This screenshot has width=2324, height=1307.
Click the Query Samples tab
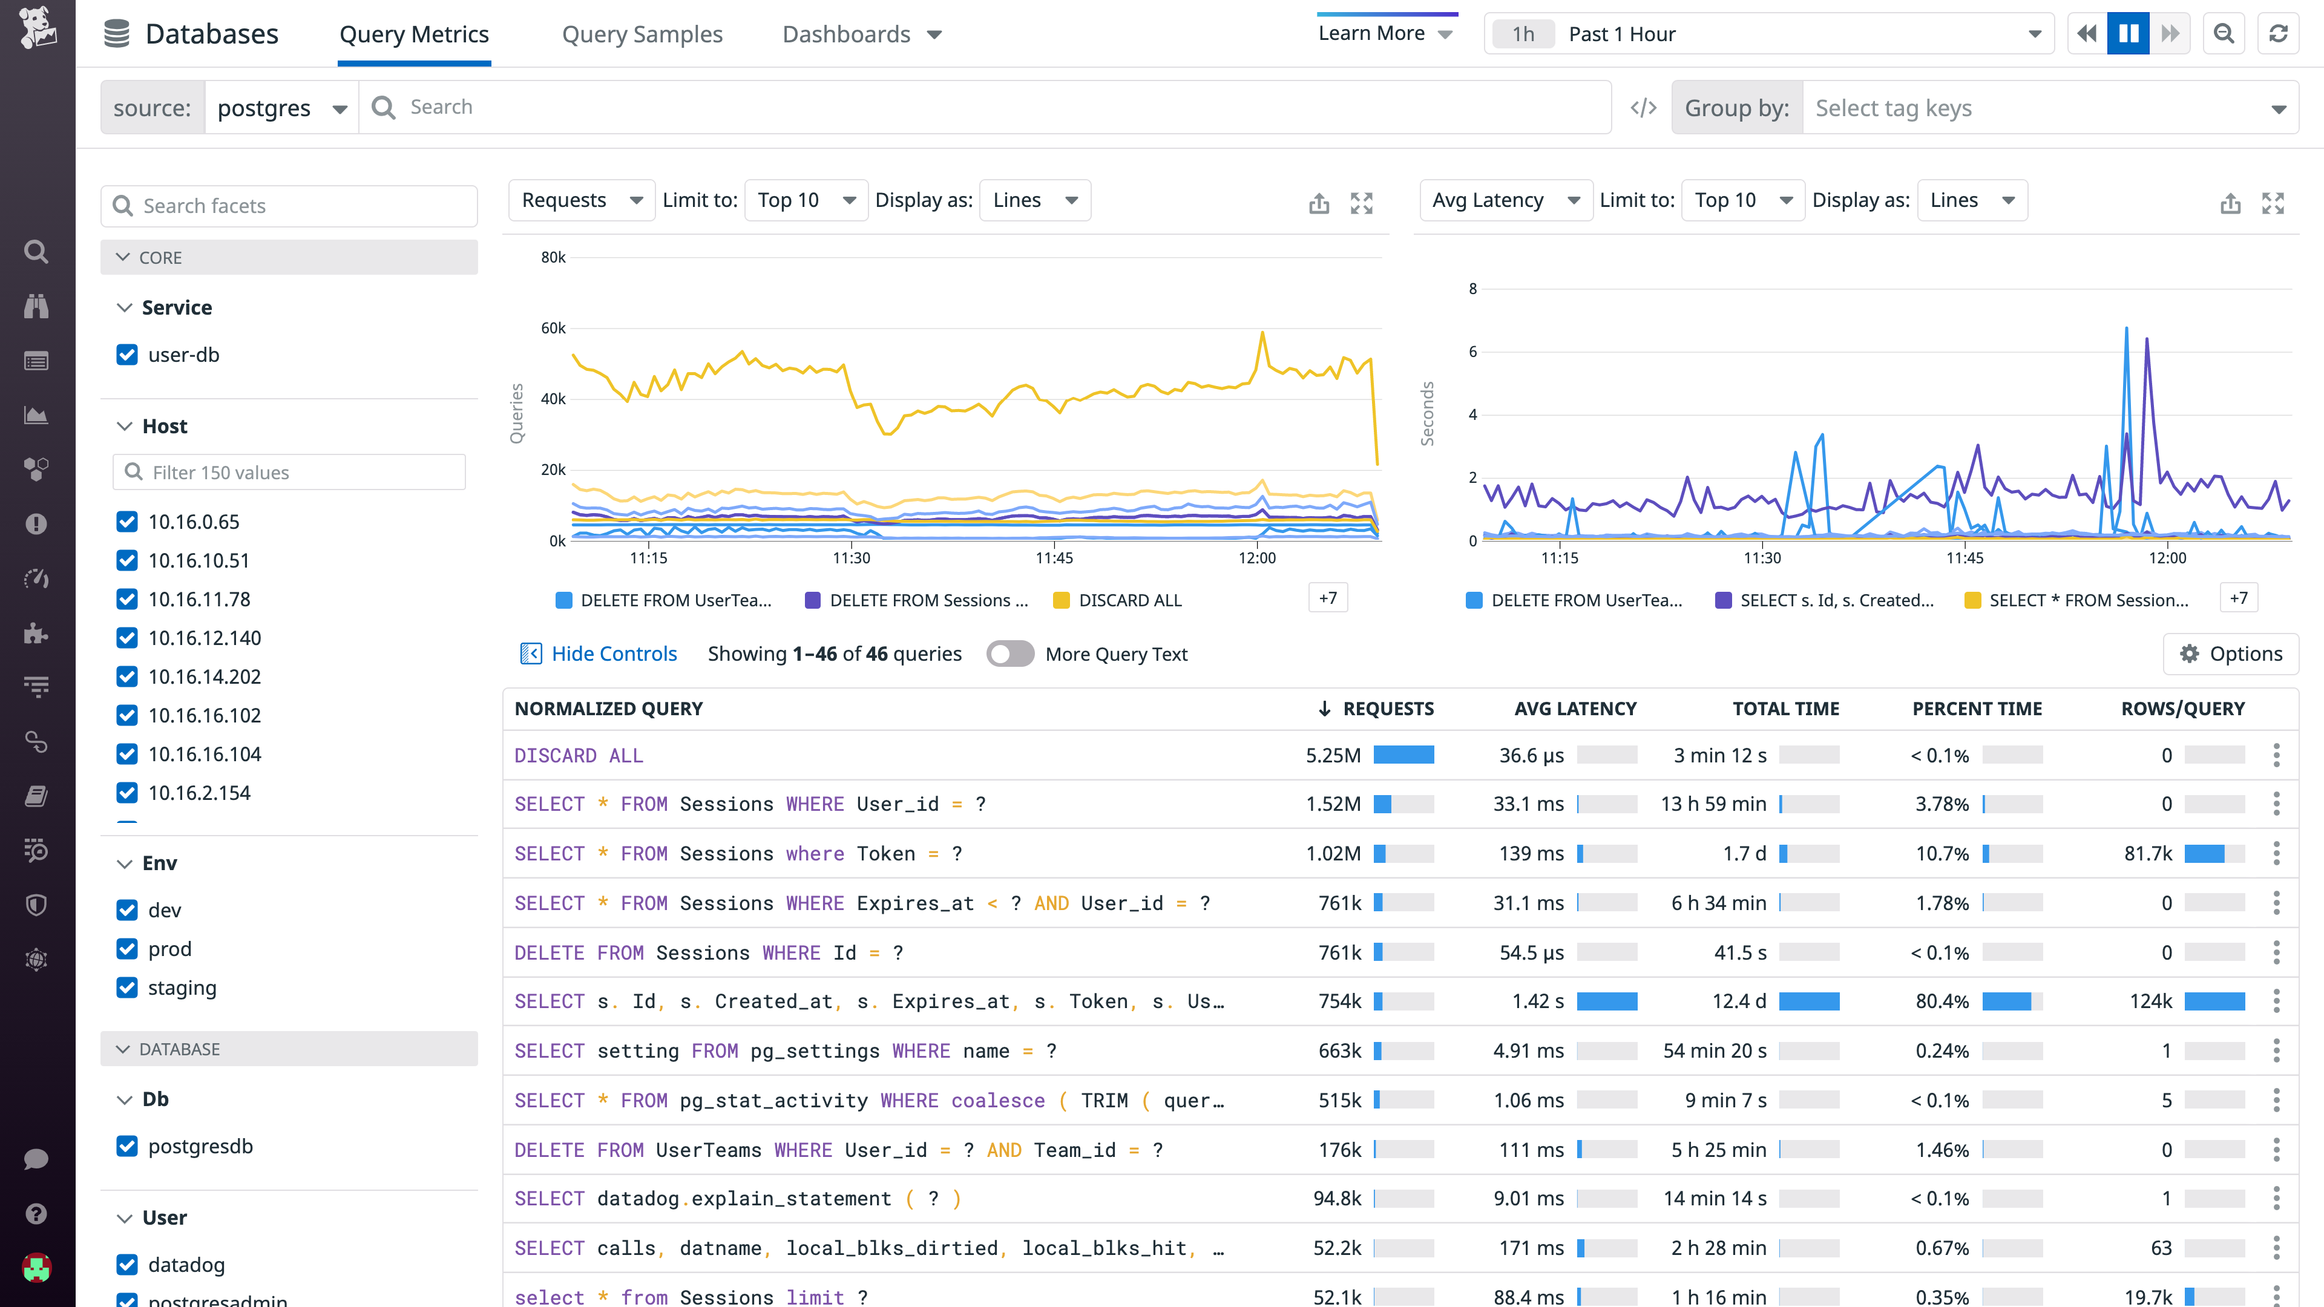tap(642, 34)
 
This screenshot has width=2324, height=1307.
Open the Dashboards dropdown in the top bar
tap(862, 34)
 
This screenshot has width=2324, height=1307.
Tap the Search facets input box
tap(289, 206)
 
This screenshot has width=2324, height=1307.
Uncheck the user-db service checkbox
tap(127, 355)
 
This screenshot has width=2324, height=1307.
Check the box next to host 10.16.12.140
tap(127, 638)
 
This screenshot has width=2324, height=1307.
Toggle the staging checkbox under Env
tap(127, 988)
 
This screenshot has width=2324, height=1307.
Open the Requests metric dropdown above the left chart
tap(581, 200)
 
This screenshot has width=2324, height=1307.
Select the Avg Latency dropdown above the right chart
tap(1505, 200)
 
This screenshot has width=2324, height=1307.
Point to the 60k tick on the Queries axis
tap(553, 329)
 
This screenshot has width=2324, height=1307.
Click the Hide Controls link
tap(614, 654)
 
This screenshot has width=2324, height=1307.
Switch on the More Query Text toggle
tap(1009, 654)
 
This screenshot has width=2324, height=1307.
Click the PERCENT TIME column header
tap(1977, 709)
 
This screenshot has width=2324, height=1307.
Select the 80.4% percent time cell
tap(1942, 1001)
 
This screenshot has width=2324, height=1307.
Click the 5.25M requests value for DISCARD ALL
tap(1333, 756)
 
